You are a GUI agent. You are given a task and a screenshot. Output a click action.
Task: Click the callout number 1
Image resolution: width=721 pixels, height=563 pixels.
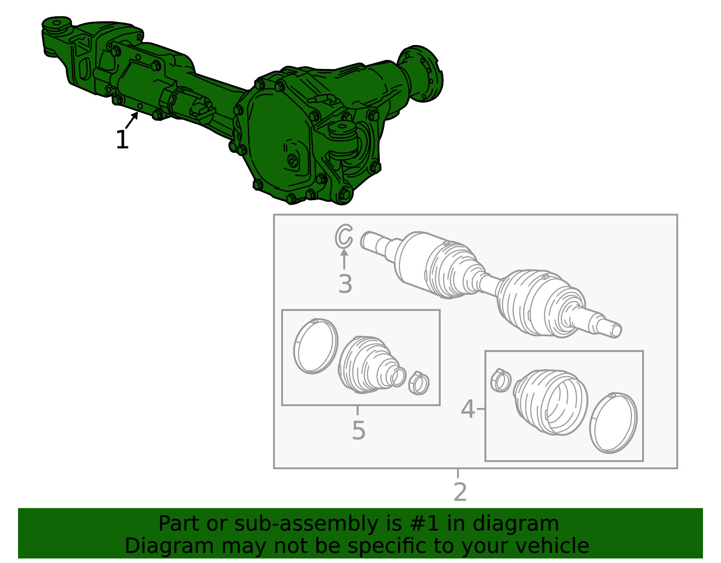pos(122,140)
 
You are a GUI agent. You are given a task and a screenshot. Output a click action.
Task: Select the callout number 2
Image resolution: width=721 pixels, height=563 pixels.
pos(460,492)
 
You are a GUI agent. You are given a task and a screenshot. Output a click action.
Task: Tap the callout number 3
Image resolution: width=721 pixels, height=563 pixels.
pos(345,284)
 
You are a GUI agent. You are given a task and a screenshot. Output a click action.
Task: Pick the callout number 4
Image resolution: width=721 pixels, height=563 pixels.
pos(468,409)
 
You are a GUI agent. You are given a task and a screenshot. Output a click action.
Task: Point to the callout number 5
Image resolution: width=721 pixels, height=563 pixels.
pos(358,430)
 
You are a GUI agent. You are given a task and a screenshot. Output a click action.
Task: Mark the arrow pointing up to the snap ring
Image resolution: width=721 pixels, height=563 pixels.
pos(344,259)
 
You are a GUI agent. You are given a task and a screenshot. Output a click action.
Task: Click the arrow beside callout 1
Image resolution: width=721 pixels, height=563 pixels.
pos(132,120)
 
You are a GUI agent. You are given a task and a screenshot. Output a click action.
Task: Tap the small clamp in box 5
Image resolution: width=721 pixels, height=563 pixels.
pos(419,383)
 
